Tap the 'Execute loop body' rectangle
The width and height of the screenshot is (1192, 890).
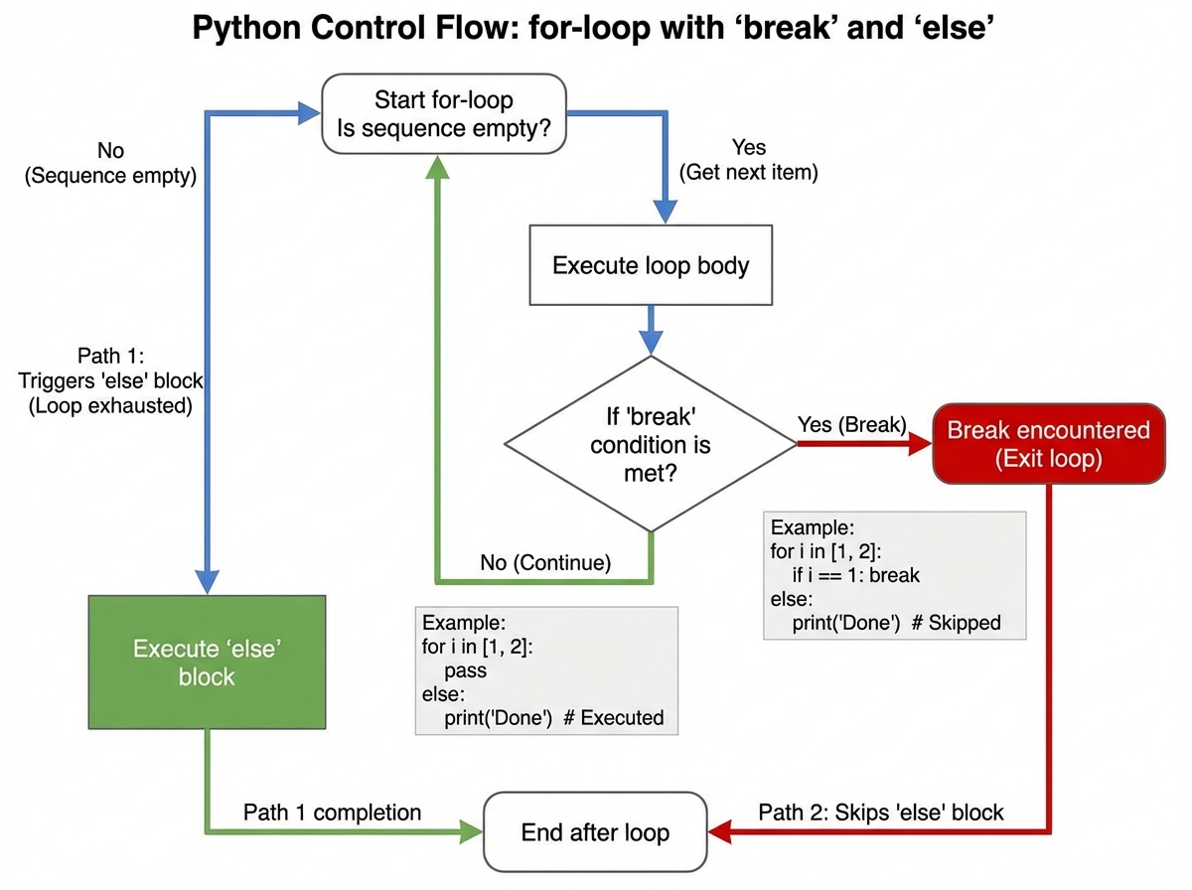650,265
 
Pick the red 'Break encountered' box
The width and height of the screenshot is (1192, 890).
1048,443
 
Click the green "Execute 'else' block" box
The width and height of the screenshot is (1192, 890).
207,663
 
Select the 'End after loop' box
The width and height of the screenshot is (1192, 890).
594,832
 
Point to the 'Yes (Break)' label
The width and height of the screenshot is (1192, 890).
851,425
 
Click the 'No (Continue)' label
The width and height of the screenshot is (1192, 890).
543,562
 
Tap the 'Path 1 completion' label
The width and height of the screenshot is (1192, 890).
332,812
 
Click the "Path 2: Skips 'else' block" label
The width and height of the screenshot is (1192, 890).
880,812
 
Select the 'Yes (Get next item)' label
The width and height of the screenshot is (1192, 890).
748,159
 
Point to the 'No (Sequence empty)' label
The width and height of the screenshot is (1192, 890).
111,164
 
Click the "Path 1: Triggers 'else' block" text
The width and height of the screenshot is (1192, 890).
112,381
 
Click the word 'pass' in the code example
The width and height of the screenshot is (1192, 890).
465,670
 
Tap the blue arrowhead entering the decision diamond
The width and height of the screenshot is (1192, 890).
650,343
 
